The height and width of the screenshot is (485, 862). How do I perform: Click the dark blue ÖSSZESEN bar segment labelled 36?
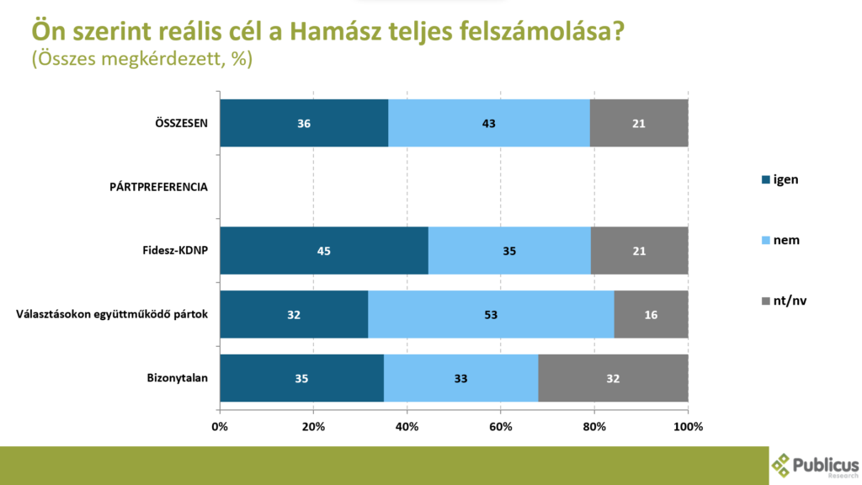(304, 124)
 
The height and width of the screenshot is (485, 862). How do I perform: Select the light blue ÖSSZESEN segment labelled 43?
(488, 124)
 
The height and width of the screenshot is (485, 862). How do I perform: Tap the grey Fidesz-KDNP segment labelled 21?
(639, 251)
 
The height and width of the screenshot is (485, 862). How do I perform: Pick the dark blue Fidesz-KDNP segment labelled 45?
(324, 251)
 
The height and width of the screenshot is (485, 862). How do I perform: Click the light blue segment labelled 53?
(491, 315)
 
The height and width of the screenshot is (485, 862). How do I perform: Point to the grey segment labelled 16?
(651, 315)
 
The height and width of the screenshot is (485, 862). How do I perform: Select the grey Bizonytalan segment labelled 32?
(613, 378)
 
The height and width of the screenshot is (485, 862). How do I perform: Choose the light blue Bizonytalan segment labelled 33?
(460, 378)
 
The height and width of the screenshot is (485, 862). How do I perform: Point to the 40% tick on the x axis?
(407, 426)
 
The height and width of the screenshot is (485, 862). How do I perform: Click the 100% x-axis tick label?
(688, 426)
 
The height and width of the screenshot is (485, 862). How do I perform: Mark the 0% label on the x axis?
(220, 426)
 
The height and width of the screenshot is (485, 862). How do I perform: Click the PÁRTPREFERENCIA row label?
(157, 187)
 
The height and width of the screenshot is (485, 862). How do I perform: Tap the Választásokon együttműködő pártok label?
(112, 315)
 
